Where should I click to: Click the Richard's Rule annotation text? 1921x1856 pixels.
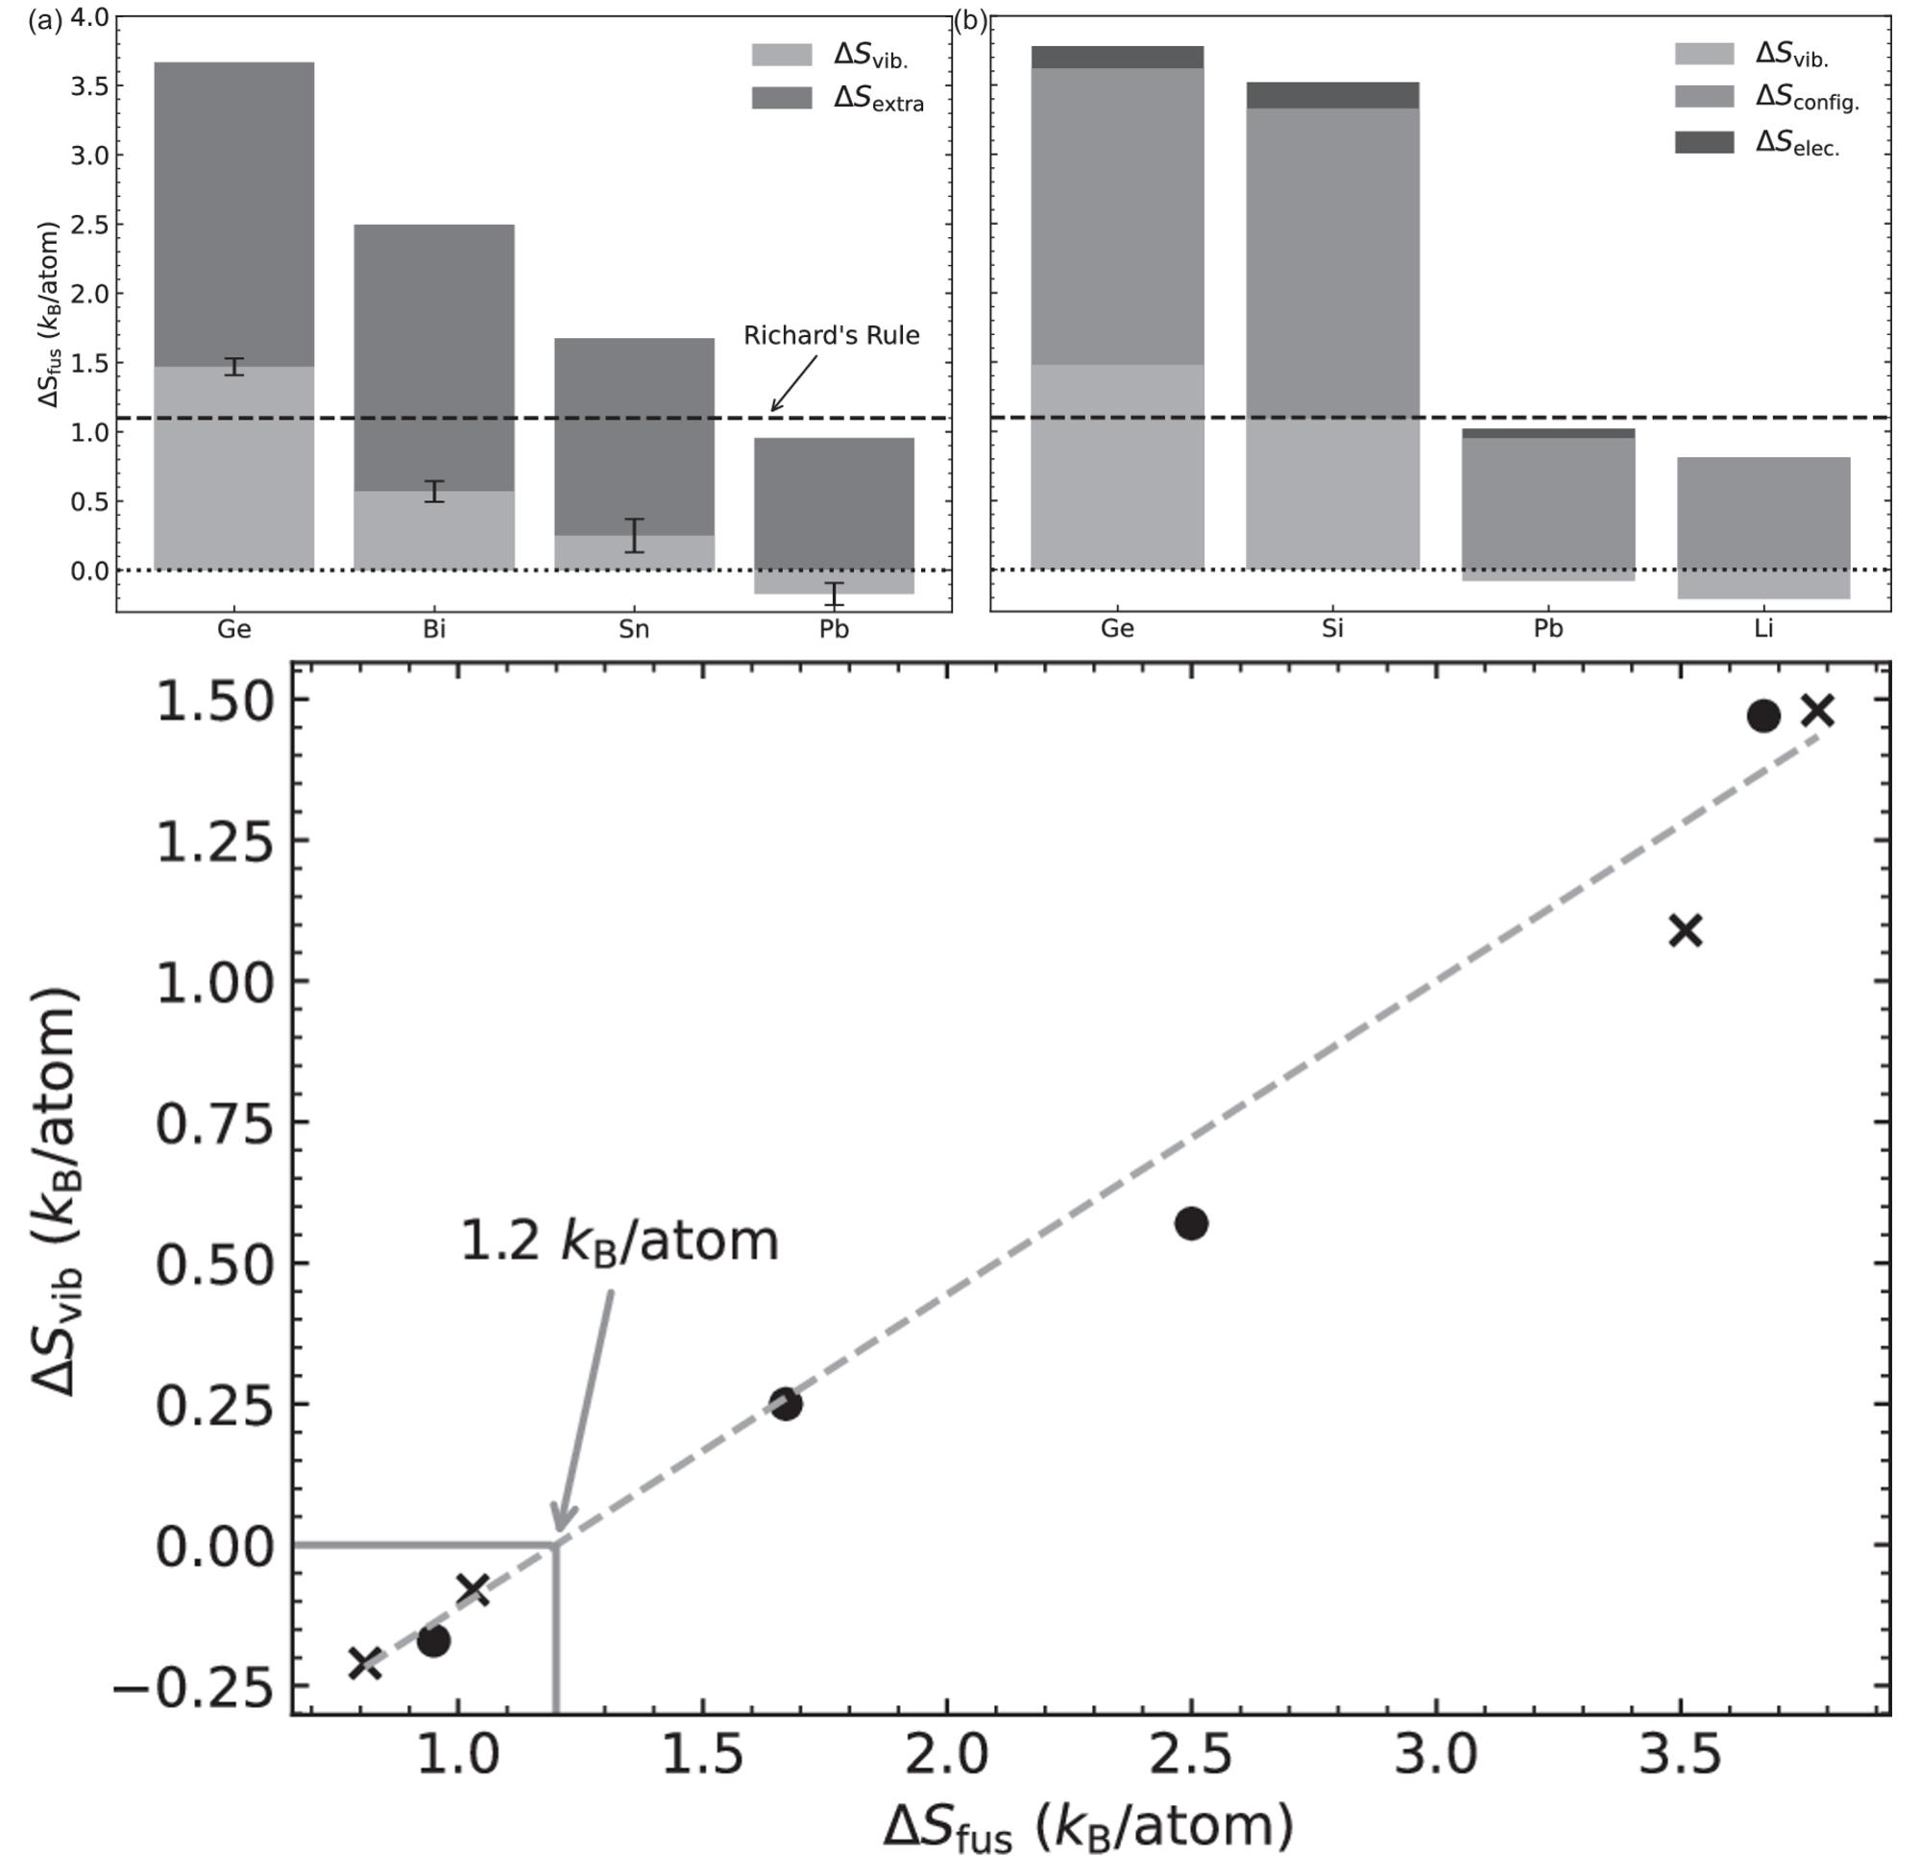831,335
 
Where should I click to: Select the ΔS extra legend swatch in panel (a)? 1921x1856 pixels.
781,98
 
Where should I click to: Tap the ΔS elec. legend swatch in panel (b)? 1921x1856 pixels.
1703,142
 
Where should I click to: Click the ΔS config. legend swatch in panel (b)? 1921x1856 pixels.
1703,96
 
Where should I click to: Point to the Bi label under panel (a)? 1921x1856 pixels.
434,629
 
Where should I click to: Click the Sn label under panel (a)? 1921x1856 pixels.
634,629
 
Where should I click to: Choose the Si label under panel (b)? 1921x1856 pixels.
1332,629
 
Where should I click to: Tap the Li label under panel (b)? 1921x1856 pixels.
1763,629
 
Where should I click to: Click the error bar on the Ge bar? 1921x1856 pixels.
233,367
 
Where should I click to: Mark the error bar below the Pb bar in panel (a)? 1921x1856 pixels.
834,593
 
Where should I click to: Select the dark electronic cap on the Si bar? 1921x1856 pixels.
1332,95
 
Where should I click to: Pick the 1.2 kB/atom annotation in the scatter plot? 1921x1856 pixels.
619,1241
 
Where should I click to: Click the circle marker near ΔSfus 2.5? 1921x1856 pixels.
1191,1223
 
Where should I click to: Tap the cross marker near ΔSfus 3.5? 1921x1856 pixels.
1685,930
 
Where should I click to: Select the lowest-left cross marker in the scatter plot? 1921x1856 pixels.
366,1663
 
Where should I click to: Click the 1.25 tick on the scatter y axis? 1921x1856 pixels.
215,841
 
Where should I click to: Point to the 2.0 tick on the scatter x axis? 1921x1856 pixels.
946,1755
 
